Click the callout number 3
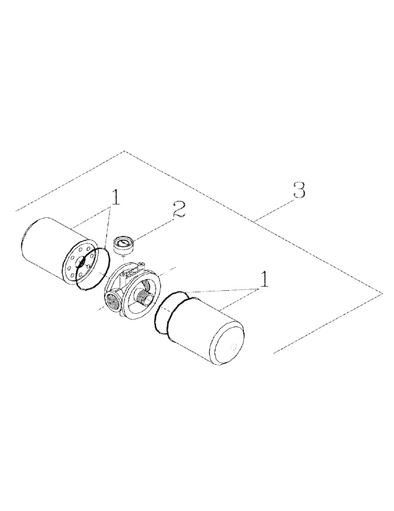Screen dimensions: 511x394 click(x=300, y=191)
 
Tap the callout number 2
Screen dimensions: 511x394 click(x=179, y=211)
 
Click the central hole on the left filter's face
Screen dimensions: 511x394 click(x=81, y=262)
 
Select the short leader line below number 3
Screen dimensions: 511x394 click(x=273, y=210)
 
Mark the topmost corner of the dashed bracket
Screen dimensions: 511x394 click(x=125, y=151)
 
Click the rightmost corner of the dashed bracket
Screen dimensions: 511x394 click(x=382, y=291)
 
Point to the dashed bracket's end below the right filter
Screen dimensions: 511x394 click(x=275, y=353)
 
